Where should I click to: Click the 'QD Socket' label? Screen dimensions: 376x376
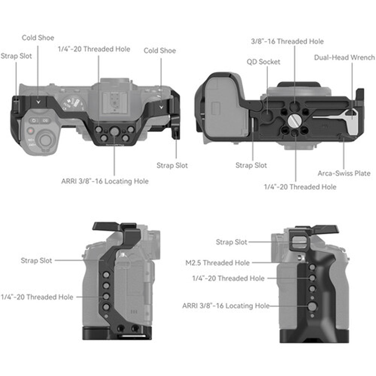(x=263, y=62)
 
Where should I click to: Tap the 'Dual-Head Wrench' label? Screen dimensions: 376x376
(x=344, y=58)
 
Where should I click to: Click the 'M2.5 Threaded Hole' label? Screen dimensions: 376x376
(x=217, y=263)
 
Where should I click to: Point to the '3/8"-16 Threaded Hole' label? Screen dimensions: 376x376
(x=287, y=41)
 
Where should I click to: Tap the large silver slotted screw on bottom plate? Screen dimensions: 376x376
(x=294, y=121)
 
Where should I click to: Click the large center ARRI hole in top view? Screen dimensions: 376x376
(x=114, y=131)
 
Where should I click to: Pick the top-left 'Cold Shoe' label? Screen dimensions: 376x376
(x=38, y=38)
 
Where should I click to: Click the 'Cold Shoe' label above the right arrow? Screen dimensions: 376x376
(x=159, y=50)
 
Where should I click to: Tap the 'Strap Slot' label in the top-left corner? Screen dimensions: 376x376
(x=16, y=56)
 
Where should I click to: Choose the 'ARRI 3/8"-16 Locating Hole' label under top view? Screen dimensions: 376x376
(x=105, y=181)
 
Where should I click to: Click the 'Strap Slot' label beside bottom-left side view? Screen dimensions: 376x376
(x=36, y=260)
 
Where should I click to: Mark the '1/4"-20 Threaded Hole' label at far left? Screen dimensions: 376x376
(x=37, y=297)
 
